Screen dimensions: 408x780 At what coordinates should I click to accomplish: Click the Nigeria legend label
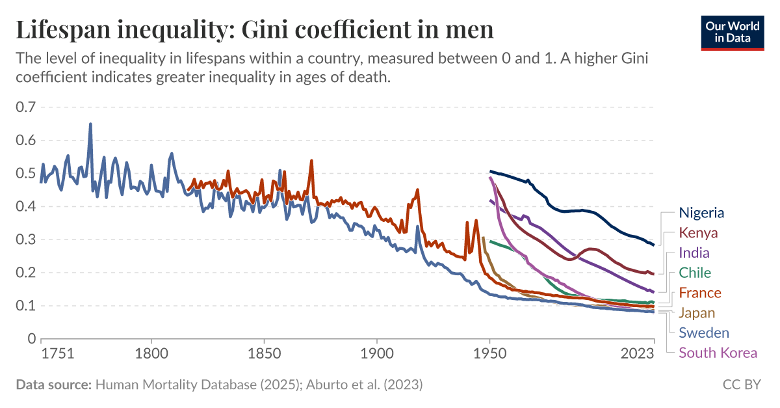701,213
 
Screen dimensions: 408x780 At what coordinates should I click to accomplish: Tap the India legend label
694,253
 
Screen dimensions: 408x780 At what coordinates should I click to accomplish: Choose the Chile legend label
695,273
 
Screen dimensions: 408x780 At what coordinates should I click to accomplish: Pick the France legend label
700,293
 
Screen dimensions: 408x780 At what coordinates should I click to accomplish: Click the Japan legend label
697,313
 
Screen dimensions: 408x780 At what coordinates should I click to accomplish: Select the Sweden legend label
704,333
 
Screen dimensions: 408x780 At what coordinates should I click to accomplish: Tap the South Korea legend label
718,353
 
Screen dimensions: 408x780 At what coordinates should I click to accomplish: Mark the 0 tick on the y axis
31,339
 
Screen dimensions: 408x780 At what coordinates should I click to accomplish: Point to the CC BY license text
741,385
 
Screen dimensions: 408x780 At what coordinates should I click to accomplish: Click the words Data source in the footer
53,385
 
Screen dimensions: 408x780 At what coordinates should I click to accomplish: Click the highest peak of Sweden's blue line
90,124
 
